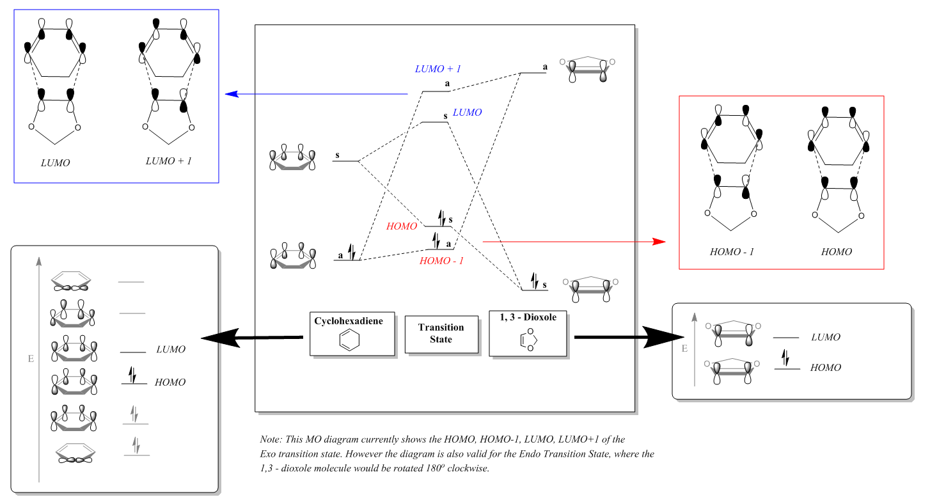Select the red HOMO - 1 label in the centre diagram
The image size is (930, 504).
[441, 261]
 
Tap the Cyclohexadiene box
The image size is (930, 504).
[352, 334]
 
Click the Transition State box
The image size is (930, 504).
[441, 333]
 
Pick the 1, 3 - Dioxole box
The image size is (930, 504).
[528, 333]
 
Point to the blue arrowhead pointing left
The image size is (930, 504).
[232, 94]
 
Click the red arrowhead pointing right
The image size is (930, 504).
[658, 242]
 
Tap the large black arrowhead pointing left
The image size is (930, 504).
[221, 338]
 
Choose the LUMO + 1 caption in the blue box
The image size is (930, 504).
[169, 161]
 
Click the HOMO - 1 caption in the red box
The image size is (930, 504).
[732, 252]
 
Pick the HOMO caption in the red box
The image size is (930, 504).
[837, 252]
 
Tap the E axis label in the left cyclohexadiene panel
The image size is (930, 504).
[30, 359]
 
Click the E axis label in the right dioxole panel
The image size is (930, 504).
[684, 349]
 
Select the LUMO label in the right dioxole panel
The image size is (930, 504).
[826, 337]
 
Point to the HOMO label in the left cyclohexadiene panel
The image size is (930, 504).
[170, 382]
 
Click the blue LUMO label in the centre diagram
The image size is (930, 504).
[467, 112]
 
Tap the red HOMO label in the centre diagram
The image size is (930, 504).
[402, 226]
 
